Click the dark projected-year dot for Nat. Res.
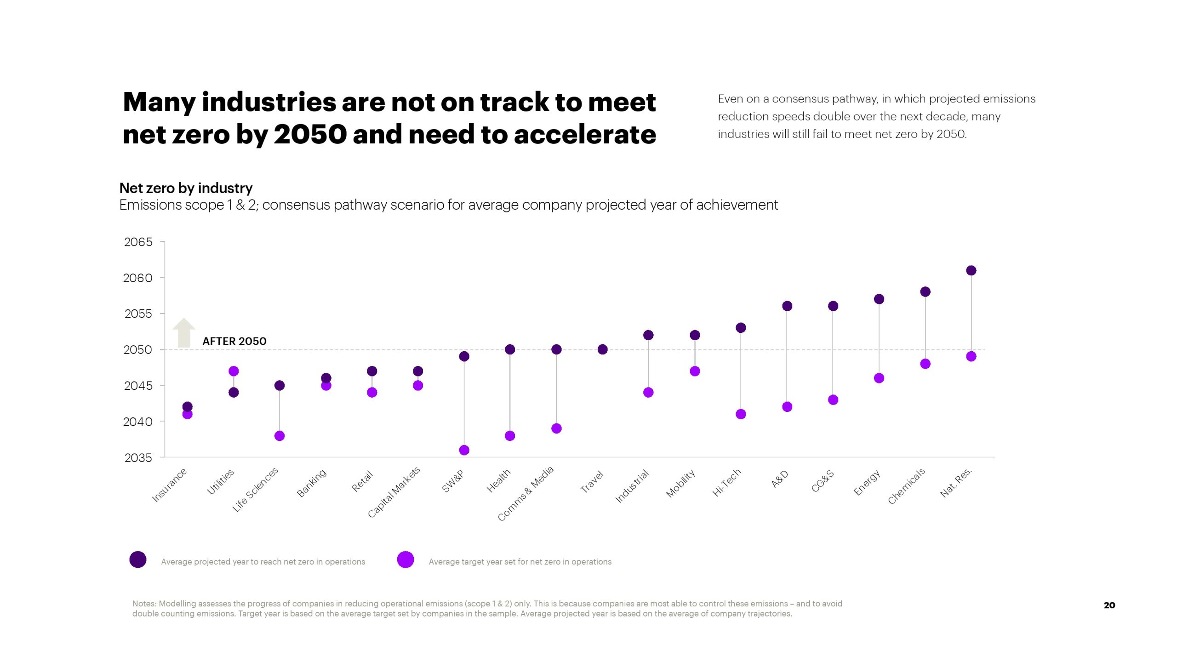[x=971, y=270]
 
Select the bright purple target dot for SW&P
[x=464, y=450]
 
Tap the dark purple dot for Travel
[x=602, y=349]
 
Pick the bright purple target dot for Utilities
[x=234, y=371]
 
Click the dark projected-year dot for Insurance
[x=187, y=406]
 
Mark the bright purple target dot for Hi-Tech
[x=741, y=414]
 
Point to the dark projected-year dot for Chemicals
[x=925, y=292]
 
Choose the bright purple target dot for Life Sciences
[x=280, y=436]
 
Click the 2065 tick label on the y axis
[x=138, y=242]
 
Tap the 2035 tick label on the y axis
[x=138, y=458]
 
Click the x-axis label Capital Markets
[x=394, y=492]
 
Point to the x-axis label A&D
[x=780, y=479]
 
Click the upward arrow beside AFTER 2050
[x=184, y=333]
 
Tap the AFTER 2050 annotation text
[x=234, y=341]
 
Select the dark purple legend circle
[x=138, y=559]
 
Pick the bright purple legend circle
[x=406, y=559]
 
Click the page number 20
[x=1109, y=605]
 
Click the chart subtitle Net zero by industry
[x=186, y=188]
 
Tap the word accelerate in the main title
[x=585, y=135]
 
